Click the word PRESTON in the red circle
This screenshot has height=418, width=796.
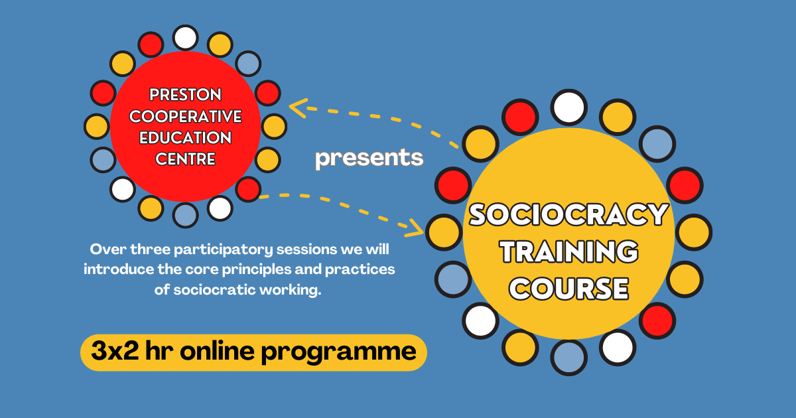click(x=185, y=94)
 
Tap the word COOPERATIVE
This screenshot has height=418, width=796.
click(x=185, y=116)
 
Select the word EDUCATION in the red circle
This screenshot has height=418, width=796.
click(x=185, y=137)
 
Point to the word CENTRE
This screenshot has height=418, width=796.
click(x=185, y=159)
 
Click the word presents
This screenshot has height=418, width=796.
click(x=369, y=158)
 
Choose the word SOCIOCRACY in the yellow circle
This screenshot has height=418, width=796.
click(x=568, y=214)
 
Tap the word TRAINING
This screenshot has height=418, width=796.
click(x=568, y=251)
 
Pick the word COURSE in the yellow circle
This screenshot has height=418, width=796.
click(x=568, y=288)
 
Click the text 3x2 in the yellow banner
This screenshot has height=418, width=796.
click(x=115, y=351)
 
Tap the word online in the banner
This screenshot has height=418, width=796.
click(x=217, y=351)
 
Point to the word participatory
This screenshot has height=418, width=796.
click(x=223, y=250)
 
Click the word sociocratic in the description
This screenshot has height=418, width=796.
click(x=214, y=290)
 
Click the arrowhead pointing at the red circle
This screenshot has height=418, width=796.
click(x=298, y=107)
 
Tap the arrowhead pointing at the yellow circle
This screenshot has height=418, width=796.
click(x=415, y=228)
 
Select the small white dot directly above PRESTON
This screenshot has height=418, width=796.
click(x=185, y=37)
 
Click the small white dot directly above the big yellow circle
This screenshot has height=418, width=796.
click(x=568, y=107)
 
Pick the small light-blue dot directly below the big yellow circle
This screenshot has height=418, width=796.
click(x=568, y=357)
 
